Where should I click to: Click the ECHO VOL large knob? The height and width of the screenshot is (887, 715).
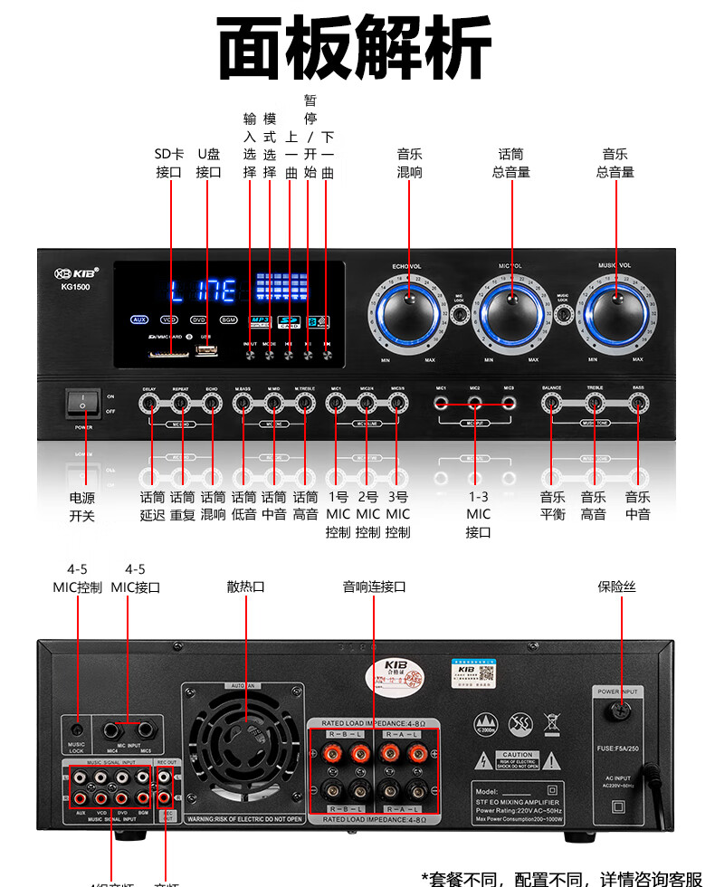click(408, 312)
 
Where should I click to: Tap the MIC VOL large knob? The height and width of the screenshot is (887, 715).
click(512, 312)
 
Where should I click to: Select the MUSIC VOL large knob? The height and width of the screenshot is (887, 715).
click(616, 312)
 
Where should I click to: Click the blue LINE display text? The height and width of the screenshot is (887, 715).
click(204, 291)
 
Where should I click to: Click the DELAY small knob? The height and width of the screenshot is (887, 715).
click(151, 403)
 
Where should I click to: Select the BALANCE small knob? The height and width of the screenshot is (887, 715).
click(552, 403)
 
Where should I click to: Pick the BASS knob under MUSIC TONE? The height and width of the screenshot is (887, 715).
click(639, 403)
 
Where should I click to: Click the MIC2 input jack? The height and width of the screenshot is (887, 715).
click(475, 403)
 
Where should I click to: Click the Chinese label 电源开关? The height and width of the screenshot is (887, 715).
click(82, 507)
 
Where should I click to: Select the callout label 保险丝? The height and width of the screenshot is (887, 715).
click(617, 587)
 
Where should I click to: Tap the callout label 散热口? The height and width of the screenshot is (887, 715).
click(245, 587)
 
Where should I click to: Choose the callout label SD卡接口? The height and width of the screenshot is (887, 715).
click(169, 163)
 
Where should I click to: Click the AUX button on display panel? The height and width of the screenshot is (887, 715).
click(139, 320)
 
